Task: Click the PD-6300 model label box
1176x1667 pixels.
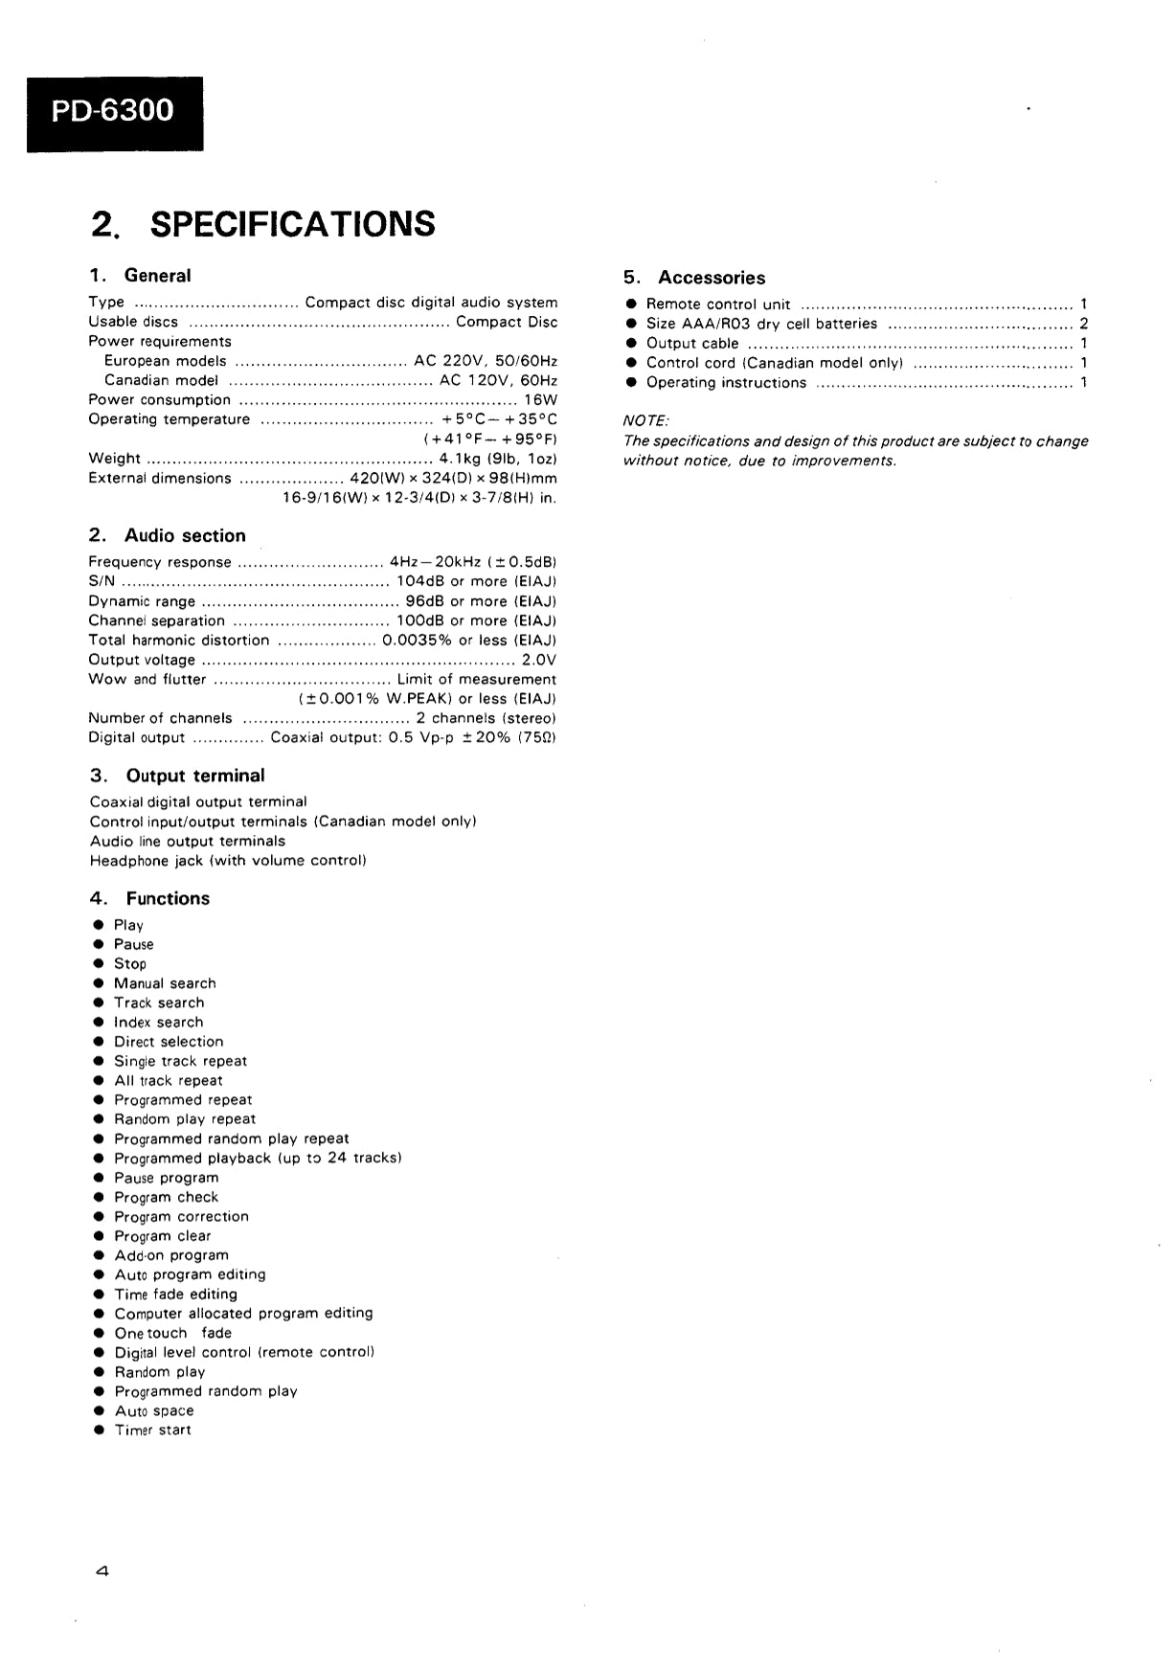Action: (x=114, y=113)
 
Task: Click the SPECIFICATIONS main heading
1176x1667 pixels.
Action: (x=263, y=224)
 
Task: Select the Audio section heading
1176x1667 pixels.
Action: (x=168, y=536)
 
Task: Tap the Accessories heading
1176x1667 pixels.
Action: (x=694, y=278)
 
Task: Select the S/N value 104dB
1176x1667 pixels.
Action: (x=419, y=582)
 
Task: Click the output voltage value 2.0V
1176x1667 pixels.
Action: (x=539, y=660)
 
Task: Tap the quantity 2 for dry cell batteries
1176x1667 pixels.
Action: (x=1083, y=324)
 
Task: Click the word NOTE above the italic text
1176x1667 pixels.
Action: (x=646, y=421)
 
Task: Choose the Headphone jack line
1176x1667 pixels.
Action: (x=228, y=861)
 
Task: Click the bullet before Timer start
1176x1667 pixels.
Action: (x=99, y=1430)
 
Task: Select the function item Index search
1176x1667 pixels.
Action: (x=158, y=1023)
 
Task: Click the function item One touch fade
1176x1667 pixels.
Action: (x=172, y=1333)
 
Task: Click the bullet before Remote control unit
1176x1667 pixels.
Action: (x=631, y=304)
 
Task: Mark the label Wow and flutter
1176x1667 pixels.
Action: (x=147, y=680)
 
